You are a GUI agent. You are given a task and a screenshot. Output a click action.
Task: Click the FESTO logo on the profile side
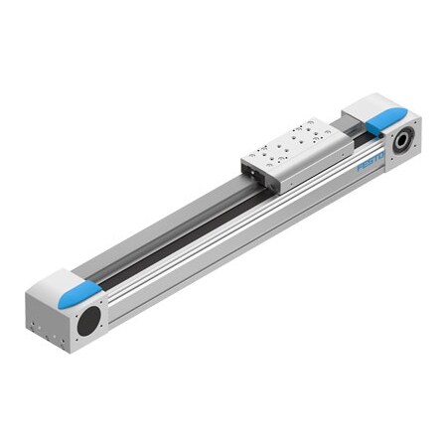(x=371, y=162)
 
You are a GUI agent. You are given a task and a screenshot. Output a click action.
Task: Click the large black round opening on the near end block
(x=89, y=320)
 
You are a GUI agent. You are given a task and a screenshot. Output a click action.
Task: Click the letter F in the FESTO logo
(x=360, y=168)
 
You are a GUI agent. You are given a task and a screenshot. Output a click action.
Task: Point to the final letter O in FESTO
(x=382, y=156)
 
